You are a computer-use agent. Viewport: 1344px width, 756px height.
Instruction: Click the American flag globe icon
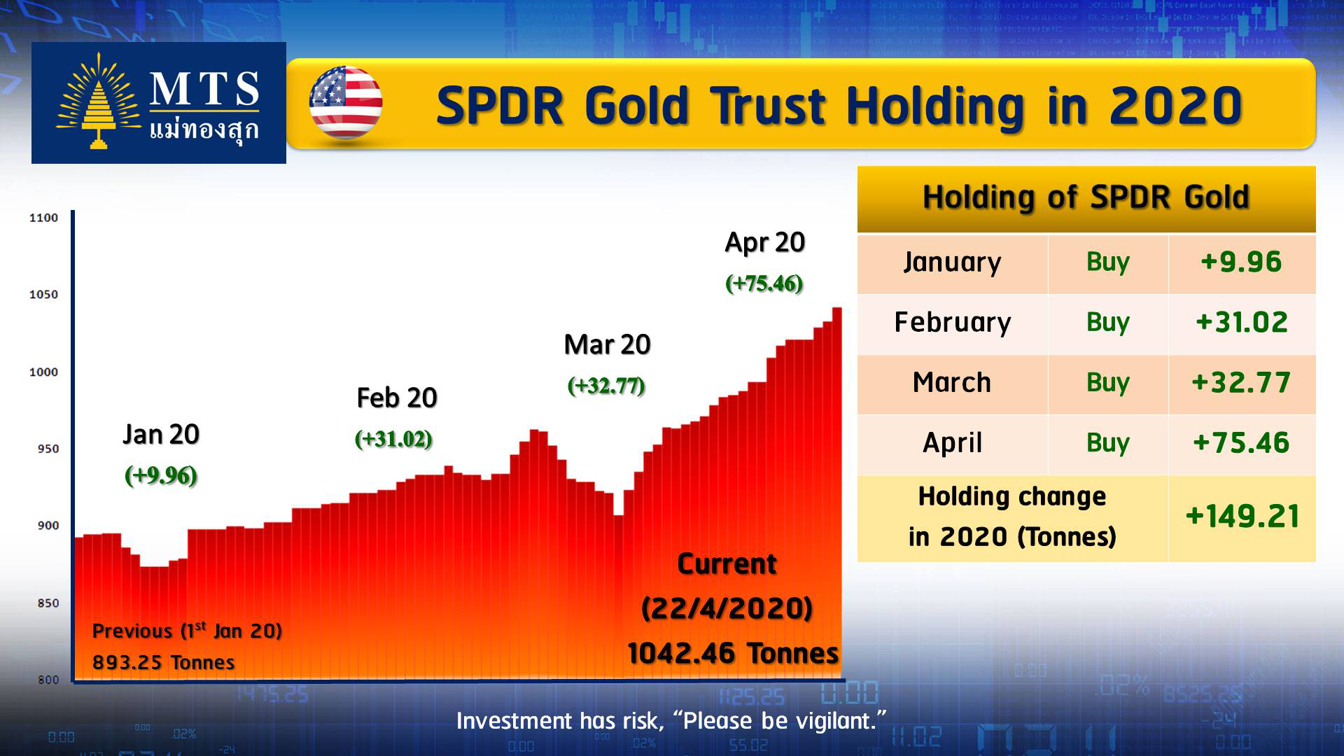(x=346, y=103)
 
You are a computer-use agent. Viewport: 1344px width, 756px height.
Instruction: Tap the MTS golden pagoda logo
(x=99, y=101)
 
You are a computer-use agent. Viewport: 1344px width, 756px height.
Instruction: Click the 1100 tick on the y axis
(x=43, y=218)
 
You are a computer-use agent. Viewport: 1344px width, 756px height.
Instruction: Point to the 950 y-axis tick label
(x=48, y=449)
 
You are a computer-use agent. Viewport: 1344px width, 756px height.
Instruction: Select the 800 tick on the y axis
(x=48, y=680)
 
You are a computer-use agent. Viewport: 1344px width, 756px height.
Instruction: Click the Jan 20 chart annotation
(x=161, y=435)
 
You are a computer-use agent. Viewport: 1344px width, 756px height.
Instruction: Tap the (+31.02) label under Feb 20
(x=393, y=440)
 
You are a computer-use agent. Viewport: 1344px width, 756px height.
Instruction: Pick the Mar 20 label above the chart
(x=607, y=344)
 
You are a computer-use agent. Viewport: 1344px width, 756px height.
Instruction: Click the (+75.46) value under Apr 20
(x=764, y=283)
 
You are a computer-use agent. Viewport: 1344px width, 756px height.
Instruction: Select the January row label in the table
(x=952, y=262)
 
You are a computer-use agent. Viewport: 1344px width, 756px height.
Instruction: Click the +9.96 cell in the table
(x=1241, y=262)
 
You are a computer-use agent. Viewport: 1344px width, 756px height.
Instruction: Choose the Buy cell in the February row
(x=1108, y=323)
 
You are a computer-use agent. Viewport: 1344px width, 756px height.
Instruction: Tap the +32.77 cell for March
(x=1241, y=383)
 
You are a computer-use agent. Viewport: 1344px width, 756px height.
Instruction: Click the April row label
(x=952, y=443)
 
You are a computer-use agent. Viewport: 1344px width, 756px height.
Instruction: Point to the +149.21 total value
(x=1242, y=517)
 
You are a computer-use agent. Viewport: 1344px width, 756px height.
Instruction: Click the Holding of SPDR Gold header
(x=1086, y=197)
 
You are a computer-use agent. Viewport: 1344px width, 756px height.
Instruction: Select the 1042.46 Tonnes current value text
(x=733, y=653)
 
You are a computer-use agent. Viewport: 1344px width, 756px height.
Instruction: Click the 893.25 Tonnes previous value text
(x=164, y=662)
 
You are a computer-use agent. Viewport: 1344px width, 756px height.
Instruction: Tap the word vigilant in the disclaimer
(x=836, y=721)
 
